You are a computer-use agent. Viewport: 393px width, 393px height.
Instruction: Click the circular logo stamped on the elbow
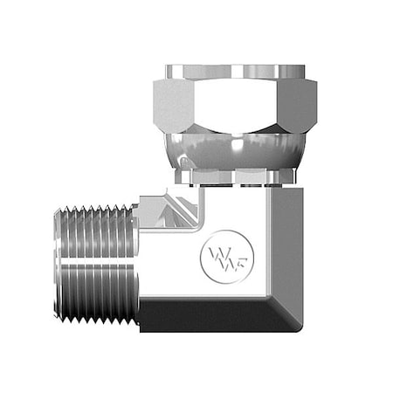coord(224,255)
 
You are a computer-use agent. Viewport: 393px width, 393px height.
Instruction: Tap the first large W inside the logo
coord(216,255)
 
